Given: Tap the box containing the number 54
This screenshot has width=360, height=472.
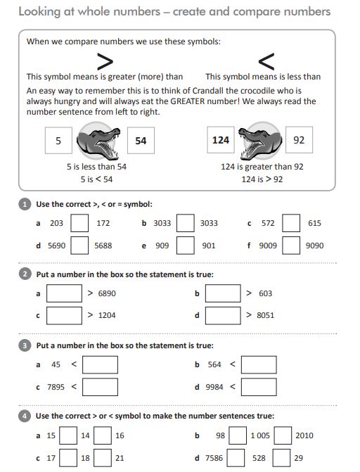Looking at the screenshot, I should tap(141, 141).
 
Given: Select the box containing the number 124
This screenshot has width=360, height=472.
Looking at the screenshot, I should tap(221, 140).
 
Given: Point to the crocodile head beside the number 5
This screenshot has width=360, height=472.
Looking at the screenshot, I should tap(98, 141).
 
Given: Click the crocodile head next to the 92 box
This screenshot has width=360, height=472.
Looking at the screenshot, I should tap(259, 141).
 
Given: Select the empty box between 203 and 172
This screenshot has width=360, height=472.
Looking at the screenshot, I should tap(79, 223).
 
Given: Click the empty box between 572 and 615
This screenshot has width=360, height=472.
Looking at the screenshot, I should tap(291, 223).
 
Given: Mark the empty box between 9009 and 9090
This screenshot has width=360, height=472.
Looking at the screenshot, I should tap(291, 245).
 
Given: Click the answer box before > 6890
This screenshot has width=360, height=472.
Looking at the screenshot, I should tap(64, 293).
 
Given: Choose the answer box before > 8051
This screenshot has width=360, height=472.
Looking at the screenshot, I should tap(223, 315).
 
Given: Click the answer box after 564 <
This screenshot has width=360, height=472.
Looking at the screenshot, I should tap(258, 364).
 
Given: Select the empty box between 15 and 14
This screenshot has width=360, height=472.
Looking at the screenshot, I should tap(67, 435).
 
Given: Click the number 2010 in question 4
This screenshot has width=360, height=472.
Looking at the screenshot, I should tap(304, 436).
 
